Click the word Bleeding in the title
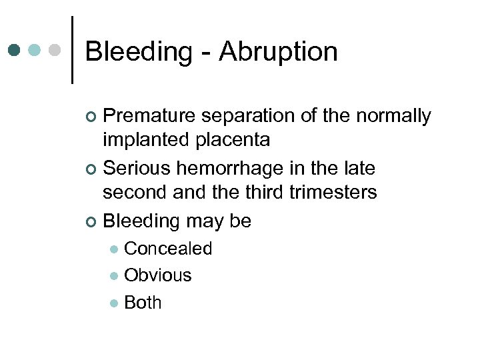(x=138, y=52)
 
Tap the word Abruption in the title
(x=278, y=52)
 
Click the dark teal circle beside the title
(x=15, y=50)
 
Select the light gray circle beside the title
(x=56, y=50)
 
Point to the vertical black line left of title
(x=72, y=50)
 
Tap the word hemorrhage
(x=231, y=169)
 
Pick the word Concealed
(x=168, y=249)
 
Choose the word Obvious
(x=158, y=275)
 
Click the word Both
(x=143, y=302)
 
